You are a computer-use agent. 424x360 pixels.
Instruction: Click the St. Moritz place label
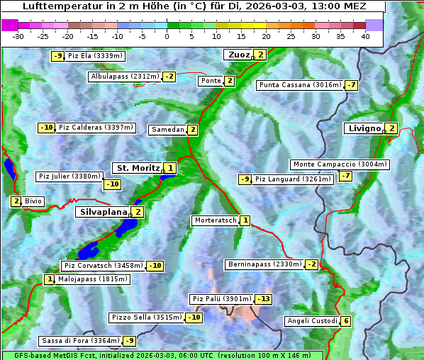(138, 168)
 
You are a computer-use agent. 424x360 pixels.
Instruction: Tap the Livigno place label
(363, 128)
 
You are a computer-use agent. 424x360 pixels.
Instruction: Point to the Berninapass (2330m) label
(264, 264)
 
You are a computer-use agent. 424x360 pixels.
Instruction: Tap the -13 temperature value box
(263, 299)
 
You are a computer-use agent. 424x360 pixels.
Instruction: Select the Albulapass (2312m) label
(125, 77)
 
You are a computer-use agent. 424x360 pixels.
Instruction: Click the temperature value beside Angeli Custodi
(345, 321)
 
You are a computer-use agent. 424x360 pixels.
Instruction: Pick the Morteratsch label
(215, 220)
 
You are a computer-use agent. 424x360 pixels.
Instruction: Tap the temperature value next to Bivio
(16, 201)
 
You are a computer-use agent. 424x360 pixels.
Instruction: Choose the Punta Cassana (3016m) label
(300, 85)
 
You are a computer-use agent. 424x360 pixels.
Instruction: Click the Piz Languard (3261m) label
(293, 179)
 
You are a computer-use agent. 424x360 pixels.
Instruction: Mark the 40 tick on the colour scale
(365, 35)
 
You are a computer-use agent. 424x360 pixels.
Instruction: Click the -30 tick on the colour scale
(19, 35)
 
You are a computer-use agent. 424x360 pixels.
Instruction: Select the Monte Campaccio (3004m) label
(340, 164)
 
